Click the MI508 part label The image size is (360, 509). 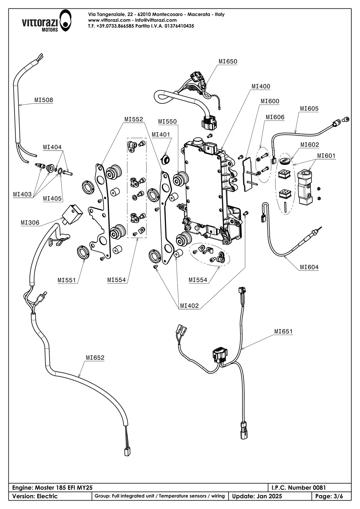pyautogui.click(x=43, y=100)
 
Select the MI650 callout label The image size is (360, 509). pyautogui.click(x=228, y=61)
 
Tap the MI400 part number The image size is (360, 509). pyautogui.click(x=261, y=86)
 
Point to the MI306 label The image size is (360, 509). pyautogui.click(x=30, y=223)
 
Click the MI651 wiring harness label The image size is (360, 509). pyautogui.click(x=283, y=331)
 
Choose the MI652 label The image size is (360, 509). pyautogui.click(x=95, y=358)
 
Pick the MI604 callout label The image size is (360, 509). pyautogui.click(x=309, y=267)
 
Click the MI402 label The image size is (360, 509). pyautogui.click(x=189, y=306)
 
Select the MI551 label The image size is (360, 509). pyautogui.click(x=67, y=280)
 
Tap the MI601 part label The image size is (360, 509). pyautogui.click(x=326, y=156)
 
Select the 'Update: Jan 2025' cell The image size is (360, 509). pyautogui.click(x=257, y=496)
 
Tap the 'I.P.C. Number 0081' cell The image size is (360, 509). pyautogui.click(x=298, y=488)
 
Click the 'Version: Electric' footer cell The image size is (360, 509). pyautogui.click(x=35, y=496)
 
